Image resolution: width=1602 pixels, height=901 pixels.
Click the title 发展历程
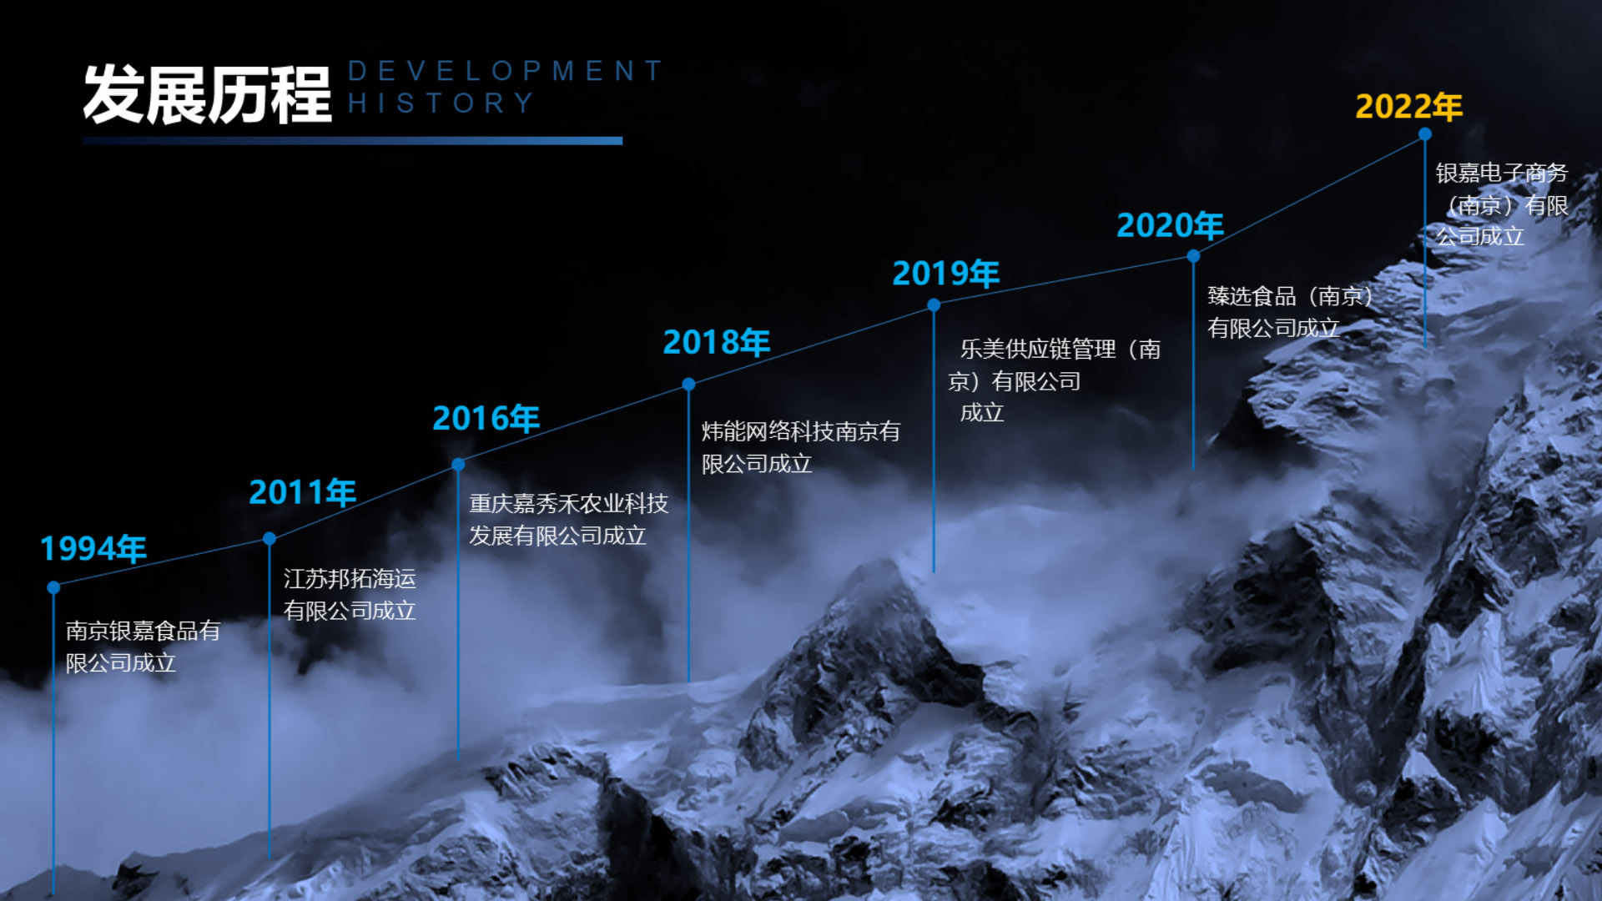pyautogui.click(x=207, y=94)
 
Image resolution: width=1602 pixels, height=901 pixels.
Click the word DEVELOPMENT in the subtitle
pyautogui.click(x=506, y=71)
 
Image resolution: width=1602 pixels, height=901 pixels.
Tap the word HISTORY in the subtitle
pyautogui.click(x=441, y=103)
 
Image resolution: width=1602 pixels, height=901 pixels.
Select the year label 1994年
pyautogui.click(x=93, y=548)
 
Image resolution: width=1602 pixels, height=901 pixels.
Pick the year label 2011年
pyautogui.click(x=303, y=492)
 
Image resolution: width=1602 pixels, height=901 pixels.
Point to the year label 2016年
pyautogui.click(x=486, y=418)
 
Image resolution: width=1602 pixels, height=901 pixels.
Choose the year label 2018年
pyautogui.click(x=717, y=342)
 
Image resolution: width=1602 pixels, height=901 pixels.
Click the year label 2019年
pyautogui.click(x=946, y=273)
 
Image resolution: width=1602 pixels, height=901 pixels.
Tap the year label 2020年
pyautogui.click(x=1171, y=225)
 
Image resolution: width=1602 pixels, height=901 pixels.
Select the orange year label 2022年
pyautogui.click(x=1409, y=106)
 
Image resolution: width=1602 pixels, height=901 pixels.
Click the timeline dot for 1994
pyautogui.click(x=53, y=587)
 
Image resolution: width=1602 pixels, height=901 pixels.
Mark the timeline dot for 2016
pyautogui.click(x=458, y=464)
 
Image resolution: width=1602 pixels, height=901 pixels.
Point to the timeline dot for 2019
pyautogui.click(x=934, y=305)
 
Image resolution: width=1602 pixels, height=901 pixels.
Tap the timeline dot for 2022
pyautogui.click(x=1425, y=133)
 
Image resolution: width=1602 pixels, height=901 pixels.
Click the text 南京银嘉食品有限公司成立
pyautogui.click(x=143, y=647)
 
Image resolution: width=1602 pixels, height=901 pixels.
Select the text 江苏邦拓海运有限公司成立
pyautogui.click(x=350, y=595)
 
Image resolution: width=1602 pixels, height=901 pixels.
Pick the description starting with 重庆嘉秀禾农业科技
pyautogui.click(x=569, y=519)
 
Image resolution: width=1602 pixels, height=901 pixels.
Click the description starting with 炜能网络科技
pyautogui.click(x=801, y=447)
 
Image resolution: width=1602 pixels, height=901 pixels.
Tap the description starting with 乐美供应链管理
pyautogui.click(x=1055, y=380)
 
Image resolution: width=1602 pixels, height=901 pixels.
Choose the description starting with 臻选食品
pyautogui.click(x=1290, y=312)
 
